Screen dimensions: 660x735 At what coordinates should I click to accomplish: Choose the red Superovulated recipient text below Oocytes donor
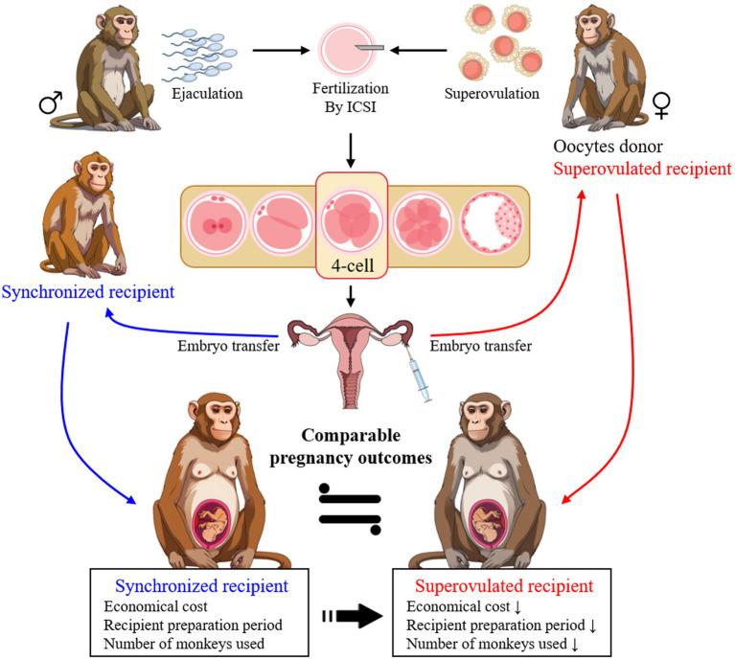(642, 169)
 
